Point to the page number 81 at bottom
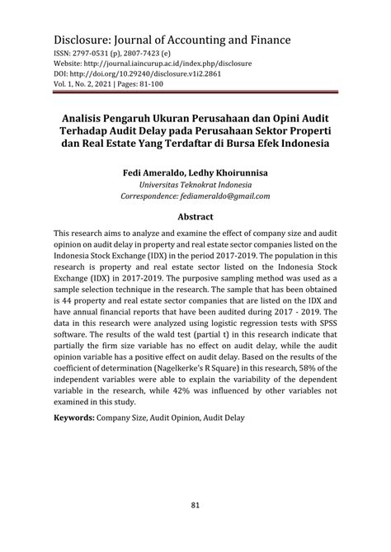pos(195,505)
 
